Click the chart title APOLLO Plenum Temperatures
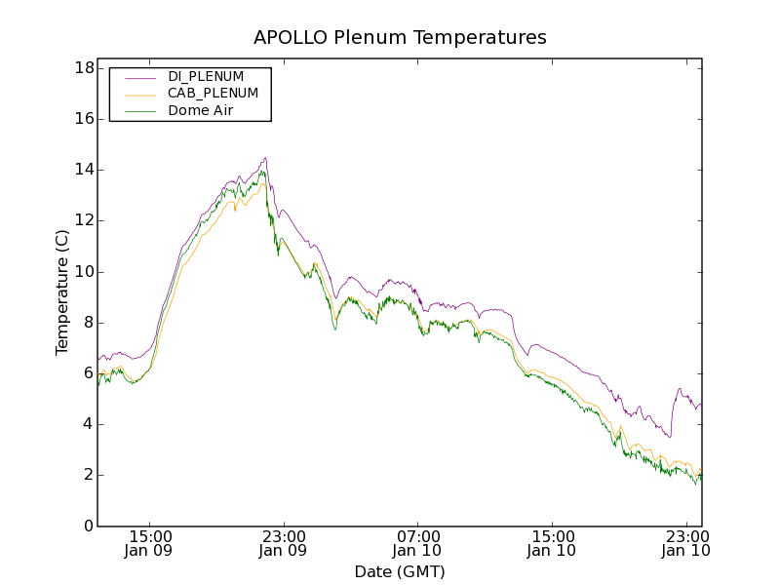[x=400, y=38]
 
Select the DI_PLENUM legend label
[x=206, y=76]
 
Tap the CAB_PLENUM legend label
[x=213, y=94]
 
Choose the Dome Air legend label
[x=201, y=111]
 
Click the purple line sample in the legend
[x=139, y=76]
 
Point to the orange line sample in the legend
[x=139, y=94]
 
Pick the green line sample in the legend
[x=139, y=111]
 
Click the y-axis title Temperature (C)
[x=62, y=292]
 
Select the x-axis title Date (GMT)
[x=400, y=571]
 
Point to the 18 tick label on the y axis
[x=83, y=68]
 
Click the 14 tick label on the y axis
[x=83, y=170]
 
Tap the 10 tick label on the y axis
[x=83, y=272]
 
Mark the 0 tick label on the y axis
[x=87, y=526]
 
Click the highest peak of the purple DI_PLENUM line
[x=265, y=158]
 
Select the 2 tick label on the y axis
[x=87, y=475]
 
